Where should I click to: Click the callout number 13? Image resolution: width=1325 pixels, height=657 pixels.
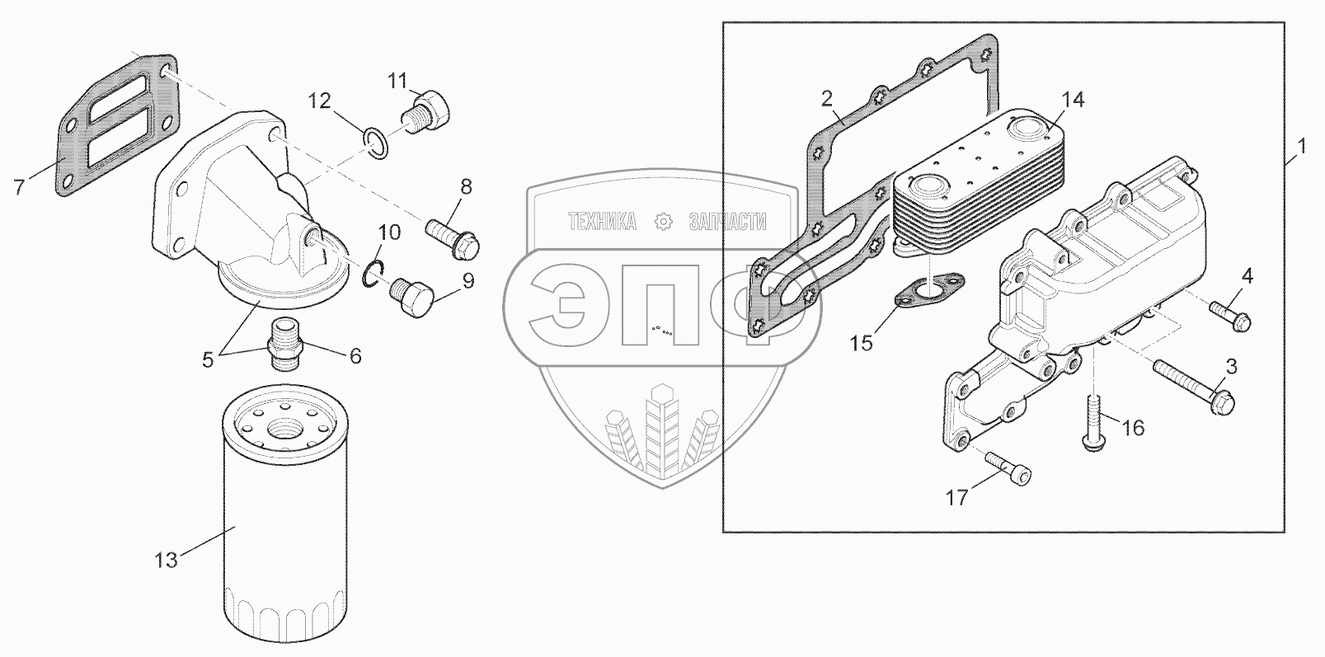166,561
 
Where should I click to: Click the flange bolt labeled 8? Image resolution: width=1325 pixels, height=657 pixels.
453,232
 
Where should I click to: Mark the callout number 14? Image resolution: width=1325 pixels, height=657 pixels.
1072,100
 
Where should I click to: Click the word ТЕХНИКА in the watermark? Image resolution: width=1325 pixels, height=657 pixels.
602,222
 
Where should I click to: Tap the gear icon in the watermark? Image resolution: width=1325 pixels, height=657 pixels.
661,222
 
